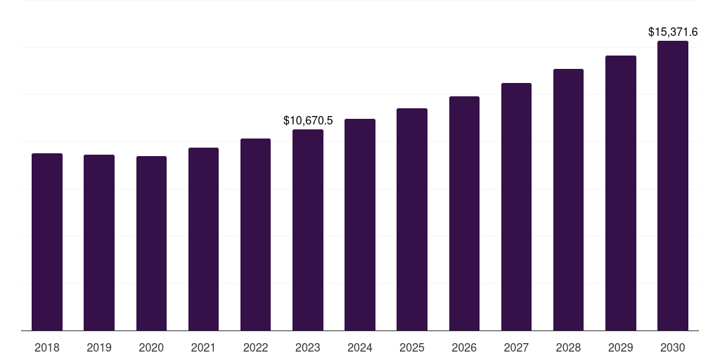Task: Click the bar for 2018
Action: [47, 242]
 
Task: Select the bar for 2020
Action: [151, 243]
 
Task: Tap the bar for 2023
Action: [308, 230]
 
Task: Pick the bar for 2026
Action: [464, 213]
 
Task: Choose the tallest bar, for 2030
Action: [673, 186]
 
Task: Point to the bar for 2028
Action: [568, 200]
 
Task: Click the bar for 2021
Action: [203, 239]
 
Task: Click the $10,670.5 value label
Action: [308, 121]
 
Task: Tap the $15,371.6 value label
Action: [673, 32]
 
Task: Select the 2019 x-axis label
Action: [99, 347]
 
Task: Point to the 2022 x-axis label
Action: [256, 347]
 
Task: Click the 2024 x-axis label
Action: [360, 347]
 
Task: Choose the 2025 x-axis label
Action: [412, 347]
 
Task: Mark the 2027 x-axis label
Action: [516, 347]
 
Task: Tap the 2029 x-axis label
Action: [621, 347]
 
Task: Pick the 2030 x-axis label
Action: [673, 347]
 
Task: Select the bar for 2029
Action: [621, 193]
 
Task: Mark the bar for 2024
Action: [360, 224]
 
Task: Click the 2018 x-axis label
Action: [47, 347]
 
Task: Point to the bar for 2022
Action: [256, 234]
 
